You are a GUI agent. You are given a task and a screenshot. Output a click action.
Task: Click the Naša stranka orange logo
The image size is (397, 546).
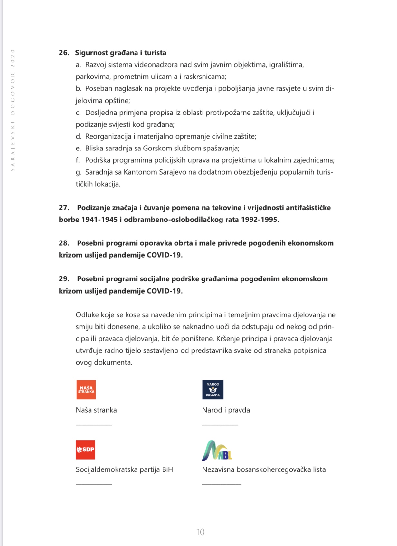86,390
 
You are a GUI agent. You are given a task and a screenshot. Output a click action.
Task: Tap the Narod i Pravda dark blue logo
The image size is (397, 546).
213,390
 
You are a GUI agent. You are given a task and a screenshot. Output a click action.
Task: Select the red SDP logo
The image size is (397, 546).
85,450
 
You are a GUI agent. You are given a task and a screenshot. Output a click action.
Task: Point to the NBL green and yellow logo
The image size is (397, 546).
216,450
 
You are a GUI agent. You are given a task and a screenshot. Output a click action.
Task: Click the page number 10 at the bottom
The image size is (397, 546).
200,532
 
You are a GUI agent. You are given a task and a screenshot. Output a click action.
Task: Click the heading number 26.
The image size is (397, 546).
64,53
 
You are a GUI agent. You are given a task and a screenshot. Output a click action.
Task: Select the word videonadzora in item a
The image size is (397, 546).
156,65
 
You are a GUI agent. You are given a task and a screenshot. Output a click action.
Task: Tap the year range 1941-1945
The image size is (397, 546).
99,220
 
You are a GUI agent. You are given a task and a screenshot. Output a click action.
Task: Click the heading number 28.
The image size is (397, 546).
64,243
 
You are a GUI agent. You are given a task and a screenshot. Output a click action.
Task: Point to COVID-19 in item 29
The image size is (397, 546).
165,291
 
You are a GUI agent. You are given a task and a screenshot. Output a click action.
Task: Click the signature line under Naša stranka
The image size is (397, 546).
94,425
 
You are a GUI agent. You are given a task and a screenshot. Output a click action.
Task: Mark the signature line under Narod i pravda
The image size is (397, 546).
220,425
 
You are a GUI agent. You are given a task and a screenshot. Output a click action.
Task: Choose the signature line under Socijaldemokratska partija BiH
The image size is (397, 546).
94,484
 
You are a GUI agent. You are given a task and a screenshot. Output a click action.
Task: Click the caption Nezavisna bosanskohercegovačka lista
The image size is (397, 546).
264,469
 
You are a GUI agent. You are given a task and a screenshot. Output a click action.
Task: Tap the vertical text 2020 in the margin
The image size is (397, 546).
13,58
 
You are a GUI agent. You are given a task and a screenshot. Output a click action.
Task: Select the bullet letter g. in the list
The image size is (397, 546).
78,172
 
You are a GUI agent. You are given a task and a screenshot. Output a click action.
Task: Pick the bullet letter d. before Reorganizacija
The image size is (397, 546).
78,136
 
